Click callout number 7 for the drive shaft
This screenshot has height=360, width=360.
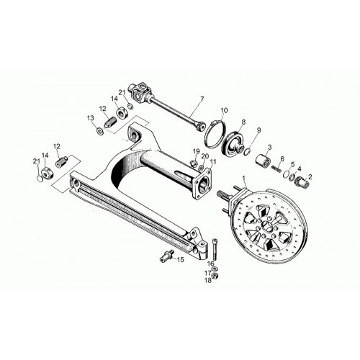(x=202, y=99)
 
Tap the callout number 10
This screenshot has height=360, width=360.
(x=225, y=111)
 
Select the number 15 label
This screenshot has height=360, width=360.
(x=180, y=259)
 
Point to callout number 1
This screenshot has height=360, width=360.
(x=244, y=178)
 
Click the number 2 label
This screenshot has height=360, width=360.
(x=310, y=177)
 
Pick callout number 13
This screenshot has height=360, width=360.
(x=90, y=118)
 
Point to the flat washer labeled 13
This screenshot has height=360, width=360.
(x=99, y=131)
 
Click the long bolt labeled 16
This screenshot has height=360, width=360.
(x=215, y=250)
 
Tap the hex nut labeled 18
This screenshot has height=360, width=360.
(x=215, y=275)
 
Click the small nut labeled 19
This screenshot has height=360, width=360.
(x=194, y=163)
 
